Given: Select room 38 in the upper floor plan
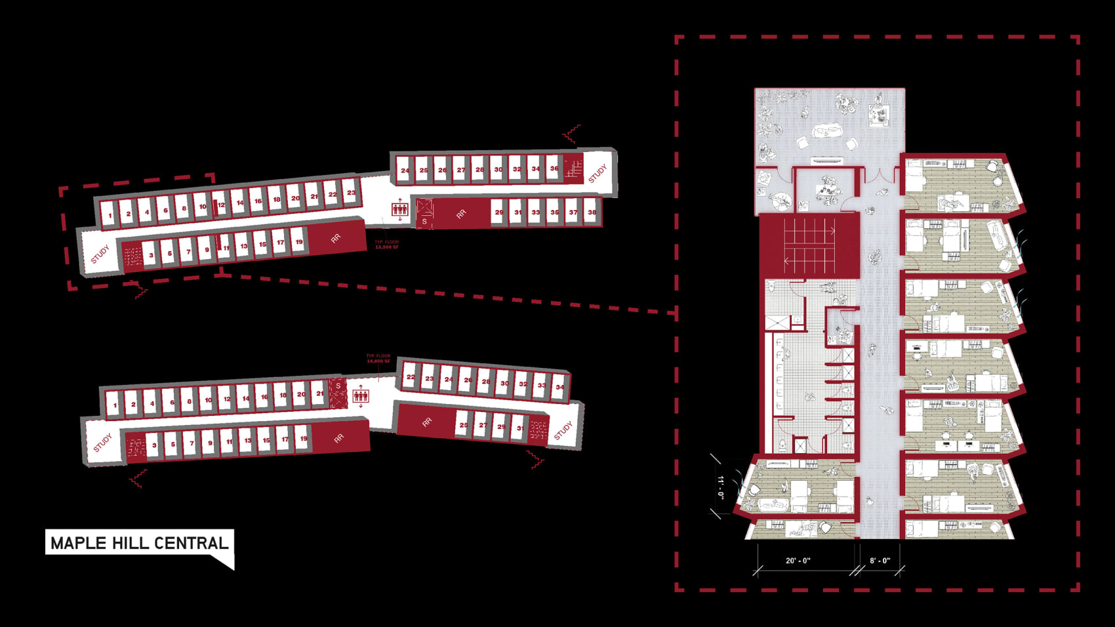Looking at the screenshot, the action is [592, 212].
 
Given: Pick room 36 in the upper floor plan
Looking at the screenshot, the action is [554, 169].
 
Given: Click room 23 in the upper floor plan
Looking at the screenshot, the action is [352, 192].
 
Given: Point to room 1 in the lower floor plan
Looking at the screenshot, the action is [115, 405].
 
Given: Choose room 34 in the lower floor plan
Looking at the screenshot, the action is [559, 386].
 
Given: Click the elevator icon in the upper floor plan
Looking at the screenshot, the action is [399, 209].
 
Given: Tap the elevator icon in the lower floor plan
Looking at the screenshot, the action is [361, 395].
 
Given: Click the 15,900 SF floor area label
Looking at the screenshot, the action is [386, 245].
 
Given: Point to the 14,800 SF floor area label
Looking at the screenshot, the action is [378, 359].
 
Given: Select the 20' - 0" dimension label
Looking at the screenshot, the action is [798, 561].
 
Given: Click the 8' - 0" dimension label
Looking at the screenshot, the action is [880, 561].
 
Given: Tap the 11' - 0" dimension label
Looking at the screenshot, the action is [721, 487].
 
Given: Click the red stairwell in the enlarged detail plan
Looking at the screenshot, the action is [809, 245].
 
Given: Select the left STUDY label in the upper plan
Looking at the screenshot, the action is [100, 254].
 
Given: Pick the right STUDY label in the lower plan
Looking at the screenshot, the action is [563, 431].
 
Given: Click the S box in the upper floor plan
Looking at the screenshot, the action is [424, 222].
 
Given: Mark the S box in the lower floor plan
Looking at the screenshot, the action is [338, 386].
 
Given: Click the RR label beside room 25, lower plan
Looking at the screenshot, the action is [427, 422].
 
